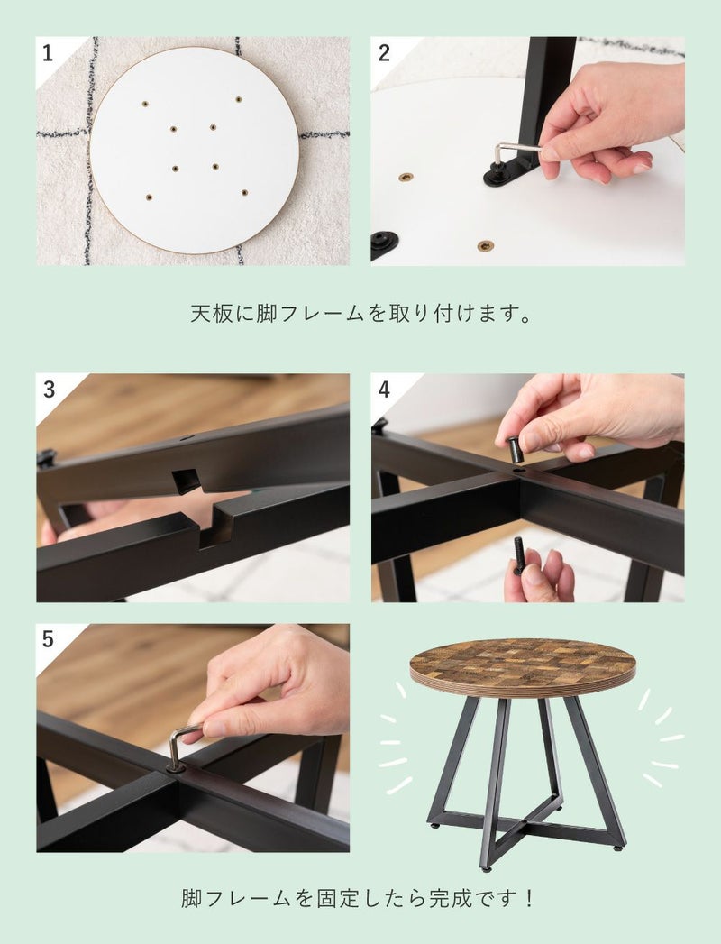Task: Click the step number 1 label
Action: [x=48, y=53]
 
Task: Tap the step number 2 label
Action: [x=384, y=53]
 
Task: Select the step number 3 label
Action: [x=49, y=390]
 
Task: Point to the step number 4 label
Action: [x=384, y=390]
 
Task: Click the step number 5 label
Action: [x=48, y=639]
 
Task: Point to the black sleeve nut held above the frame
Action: [x=516, y=449]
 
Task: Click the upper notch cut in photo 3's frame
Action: [x=187, y=481]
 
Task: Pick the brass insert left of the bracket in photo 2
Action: [x=406, y=178]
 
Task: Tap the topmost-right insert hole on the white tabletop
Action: [x=239, y=99]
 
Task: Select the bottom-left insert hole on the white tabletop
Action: [x=149, y=197]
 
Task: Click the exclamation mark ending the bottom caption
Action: [x=529, y=898]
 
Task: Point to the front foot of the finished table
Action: [x=487, y=867]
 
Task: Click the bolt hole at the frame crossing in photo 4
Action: [x=517, y=468]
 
